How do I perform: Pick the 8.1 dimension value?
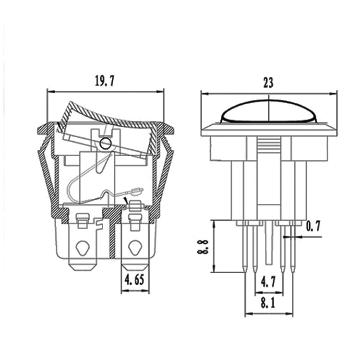[x=268, y=303]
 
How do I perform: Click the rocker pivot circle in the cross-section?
[x=105, y=144]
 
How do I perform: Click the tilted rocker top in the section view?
[x=108, y=113]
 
